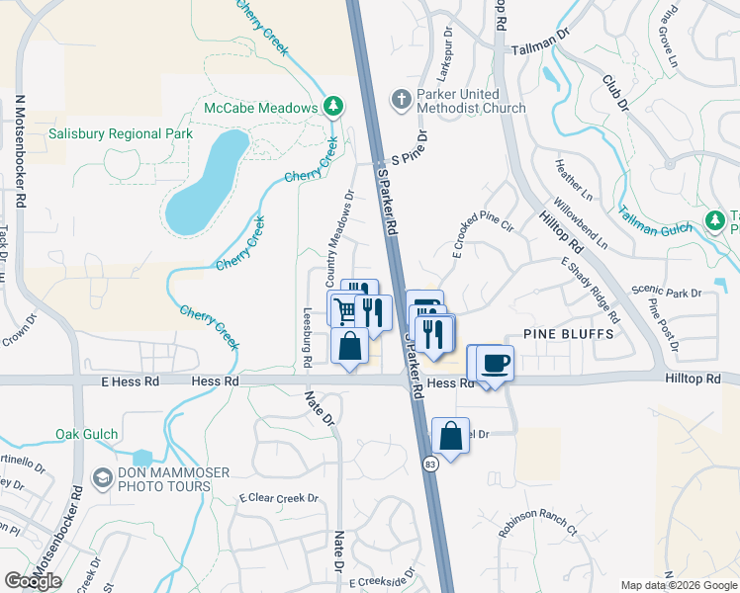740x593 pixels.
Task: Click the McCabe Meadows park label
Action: (x=261, y=107)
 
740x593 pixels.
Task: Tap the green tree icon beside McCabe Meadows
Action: (x=334, y=107)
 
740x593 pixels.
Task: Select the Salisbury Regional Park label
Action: (x=121, y=133)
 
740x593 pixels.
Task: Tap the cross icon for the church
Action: (x=401, y=99)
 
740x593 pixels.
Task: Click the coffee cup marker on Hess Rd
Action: (x=495, y=362)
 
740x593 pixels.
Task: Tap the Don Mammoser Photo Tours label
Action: (x=163, y=479)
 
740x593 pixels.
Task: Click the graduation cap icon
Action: (x=102, y=479)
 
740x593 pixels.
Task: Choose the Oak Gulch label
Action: (x=87, y=434)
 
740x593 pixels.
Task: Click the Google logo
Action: (x=34, y=581)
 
